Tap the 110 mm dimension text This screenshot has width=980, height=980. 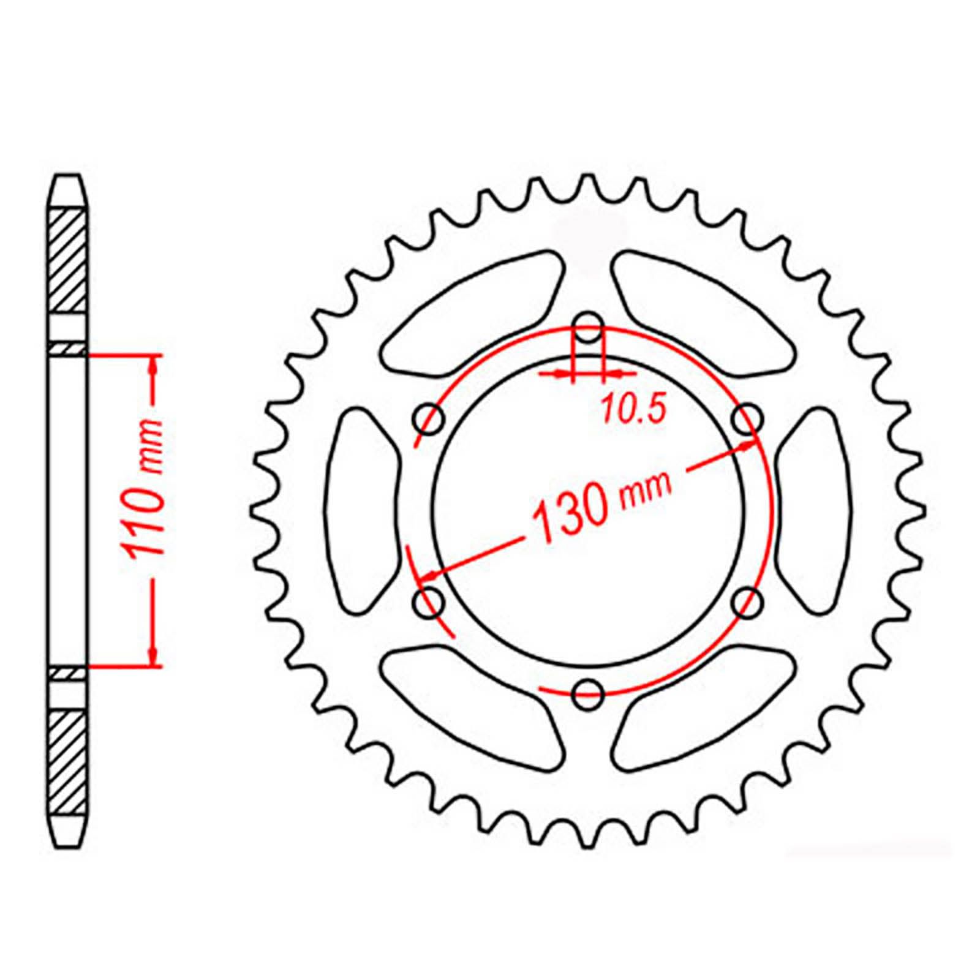pyautogui.click(x=145, y=488)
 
